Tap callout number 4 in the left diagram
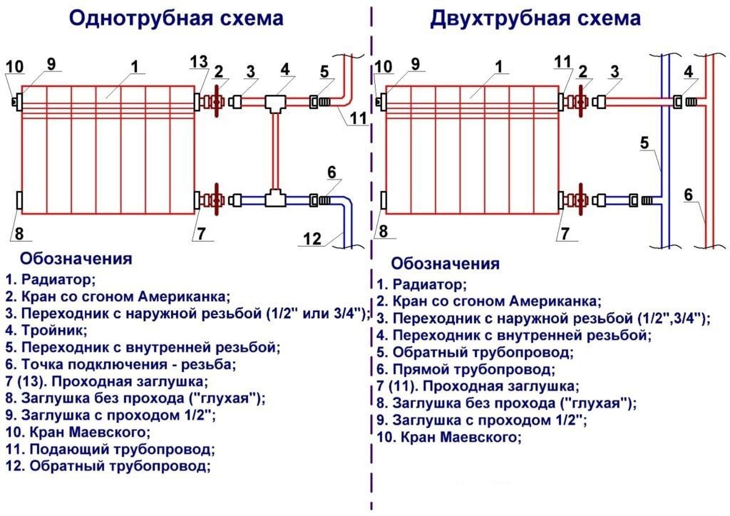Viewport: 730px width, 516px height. pos(285,69)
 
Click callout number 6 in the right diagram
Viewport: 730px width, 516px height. pos(688,194)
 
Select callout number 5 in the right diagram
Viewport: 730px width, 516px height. pos(644,142)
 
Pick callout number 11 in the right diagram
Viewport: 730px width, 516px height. pos(563,62)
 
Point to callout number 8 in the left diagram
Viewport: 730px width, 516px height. pos(19,233)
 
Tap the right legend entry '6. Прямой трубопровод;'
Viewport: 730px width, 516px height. pos(465,369)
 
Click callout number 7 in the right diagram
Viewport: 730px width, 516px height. pos(565,233)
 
